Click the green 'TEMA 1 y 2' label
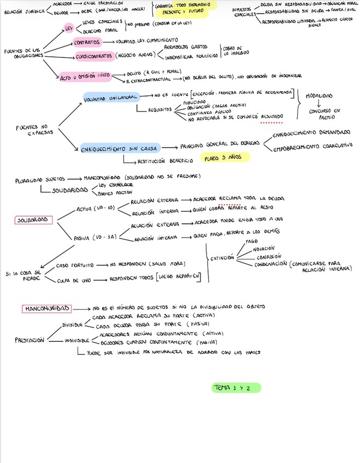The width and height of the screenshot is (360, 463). (236, 388)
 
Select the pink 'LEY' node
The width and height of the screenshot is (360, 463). (69, 27)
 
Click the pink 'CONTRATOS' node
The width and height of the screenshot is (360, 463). (87, 42)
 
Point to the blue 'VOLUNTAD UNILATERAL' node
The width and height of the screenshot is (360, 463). (111, 96)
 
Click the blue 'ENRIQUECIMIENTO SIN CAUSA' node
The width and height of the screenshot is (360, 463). (120, 148)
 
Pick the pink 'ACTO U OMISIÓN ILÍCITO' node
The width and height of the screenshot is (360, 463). (86, 77)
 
